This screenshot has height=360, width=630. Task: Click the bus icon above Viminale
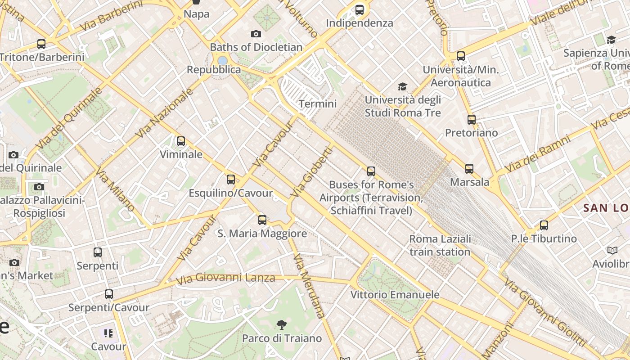pyautogui.click(x=181, y=141)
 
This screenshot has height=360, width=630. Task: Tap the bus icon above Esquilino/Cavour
pyautogui.click(x=231, y=180)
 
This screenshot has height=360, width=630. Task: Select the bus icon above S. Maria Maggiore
pyautogui.click(x=262, y=220)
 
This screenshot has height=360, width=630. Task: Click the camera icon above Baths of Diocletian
pyautogui.click(x=256, y=34)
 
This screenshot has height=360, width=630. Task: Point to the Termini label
pyautogui.click(x=318, y=104)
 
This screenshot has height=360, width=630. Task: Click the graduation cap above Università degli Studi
pyautogui.click(x=402, y=86)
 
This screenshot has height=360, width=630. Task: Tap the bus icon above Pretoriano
pyautogui.click(x=472, y=120)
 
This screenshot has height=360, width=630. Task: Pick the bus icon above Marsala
pyautogui.click(x=469, y=169)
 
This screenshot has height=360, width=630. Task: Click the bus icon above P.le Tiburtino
pyautogui.click(x=544, y=225)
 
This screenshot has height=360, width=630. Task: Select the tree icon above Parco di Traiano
pyautogui.click(x=282, y=324)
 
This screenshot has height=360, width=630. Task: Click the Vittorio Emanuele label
pyautogui.click(x=395, y=295)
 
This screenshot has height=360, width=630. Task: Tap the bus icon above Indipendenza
pyautogui.click(x=360, y=9)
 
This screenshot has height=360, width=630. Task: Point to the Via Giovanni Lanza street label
pyautogui.click(x=225, y=278)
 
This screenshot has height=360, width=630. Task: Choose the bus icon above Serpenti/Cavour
pyautogui.click(x=109, y=294)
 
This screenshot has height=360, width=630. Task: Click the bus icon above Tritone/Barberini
pyautogui.click(x=41, y=44)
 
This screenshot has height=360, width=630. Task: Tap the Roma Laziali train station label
pyautogui.click(x=440, y=245)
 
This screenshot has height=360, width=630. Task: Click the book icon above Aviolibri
pyautogui.click(x=612, y=250)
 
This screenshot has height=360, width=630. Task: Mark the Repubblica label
pyautogui.click(x=214, y=70)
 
